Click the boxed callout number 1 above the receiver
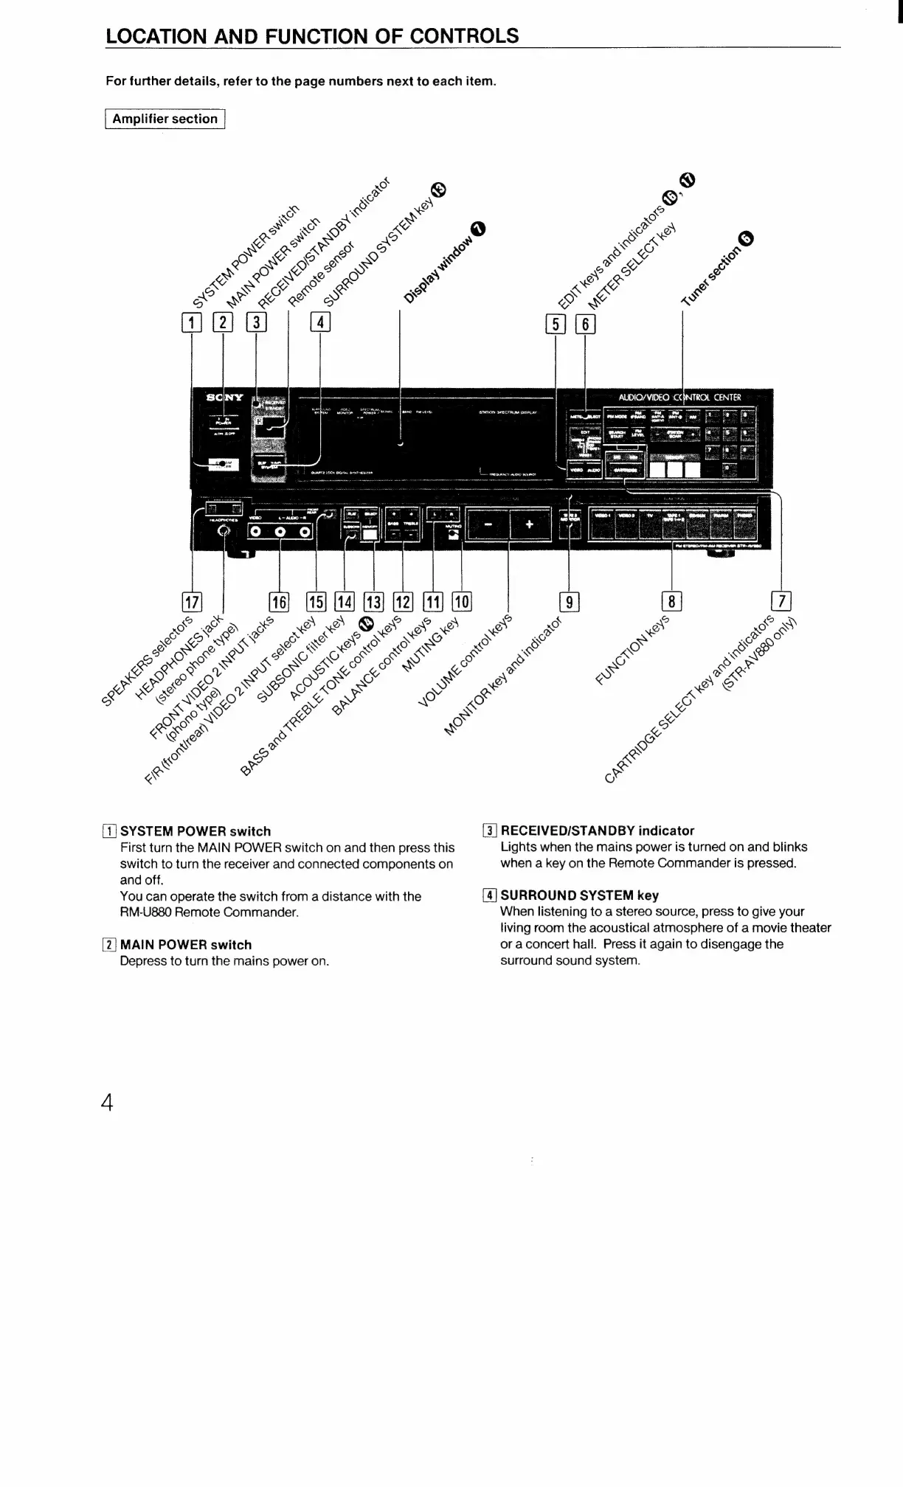tap(191, 322)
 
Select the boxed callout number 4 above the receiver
tap(320, 322)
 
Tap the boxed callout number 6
tap(585, 324)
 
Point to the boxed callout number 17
tap(192, 602)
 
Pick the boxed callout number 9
tap(569, 602)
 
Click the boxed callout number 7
tap(781, 601)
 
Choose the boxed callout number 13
tap(373, 602)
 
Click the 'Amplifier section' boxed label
tap(165, 119)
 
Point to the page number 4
tap(108, 1103)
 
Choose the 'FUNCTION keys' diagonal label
tap(632, 648)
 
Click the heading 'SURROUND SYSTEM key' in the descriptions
tap(579, 895)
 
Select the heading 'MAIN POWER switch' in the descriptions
tap(185, 944)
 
